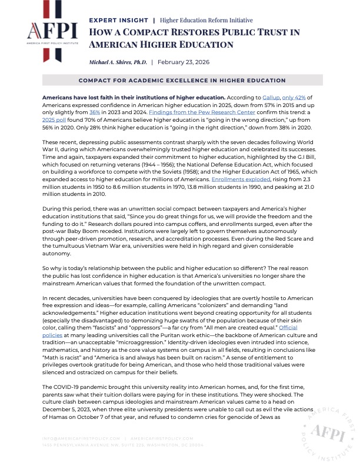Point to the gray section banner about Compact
point(180,80)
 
